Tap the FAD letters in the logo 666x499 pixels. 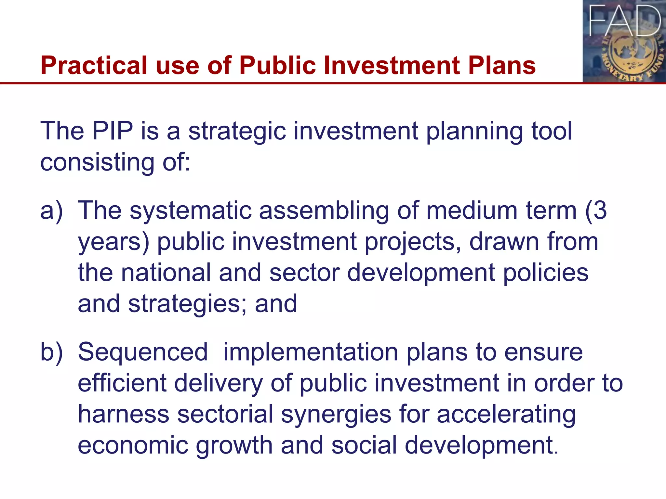point(625,21)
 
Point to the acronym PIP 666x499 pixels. point(113,131)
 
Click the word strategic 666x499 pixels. point(237,131)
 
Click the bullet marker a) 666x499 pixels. point(51,211)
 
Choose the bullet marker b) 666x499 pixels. point(51,352)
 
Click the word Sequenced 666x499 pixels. point(143,352)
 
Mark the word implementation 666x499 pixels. point(311,352)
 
